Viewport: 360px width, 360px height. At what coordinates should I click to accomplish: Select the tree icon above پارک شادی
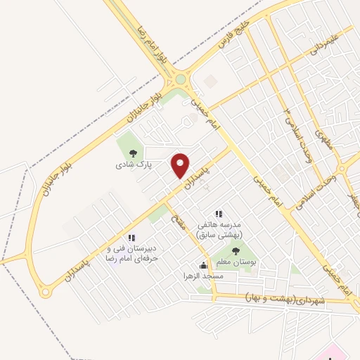tap(131, 153)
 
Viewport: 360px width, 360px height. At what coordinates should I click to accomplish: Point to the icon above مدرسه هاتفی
tap(219, 213)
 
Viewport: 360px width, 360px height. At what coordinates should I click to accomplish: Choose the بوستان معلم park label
tap(235, 262)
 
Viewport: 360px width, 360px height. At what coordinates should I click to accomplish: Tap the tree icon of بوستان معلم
tap(235, 250)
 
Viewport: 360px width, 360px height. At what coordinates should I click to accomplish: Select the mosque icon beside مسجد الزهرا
tap(203, 265)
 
